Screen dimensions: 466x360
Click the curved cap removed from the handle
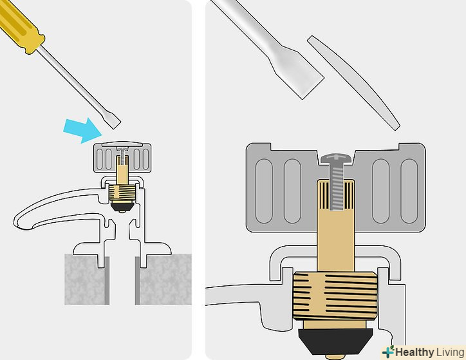(x=353, y=82)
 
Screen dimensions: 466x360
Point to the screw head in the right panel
(x=336, y=159)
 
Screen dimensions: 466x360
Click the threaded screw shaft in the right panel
(x=336, y=187)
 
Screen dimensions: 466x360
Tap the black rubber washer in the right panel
(x=336, y=341)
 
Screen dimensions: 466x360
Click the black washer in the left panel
(x=122, y=205)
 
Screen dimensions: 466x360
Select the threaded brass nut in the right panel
(x=335, y=296)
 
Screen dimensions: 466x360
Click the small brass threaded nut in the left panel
(x=122, y=193)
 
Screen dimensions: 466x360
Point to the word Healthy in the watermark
(x=415, y=352)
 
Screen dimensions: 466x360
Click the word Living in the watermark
(x=450, y=352)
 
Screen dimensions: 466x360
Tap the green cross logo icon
(x=388, y=352)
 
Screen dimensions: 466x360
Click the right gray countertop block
(x=163, y=279)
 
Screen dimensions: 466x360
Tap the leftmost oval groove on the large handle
(x=264, y=191)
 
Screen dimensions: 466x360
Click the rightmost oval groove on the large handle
(x=409, y=191)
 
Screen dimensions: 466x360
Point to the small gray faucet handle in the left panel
(x=122, y=158)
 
